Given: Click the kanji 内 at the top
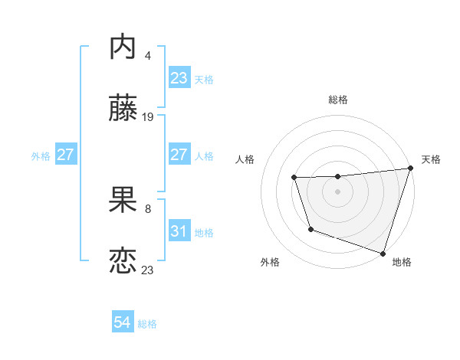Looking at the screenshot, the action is coord(123,48).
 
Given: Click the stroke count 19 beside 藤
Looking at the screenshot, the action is coord(148,117).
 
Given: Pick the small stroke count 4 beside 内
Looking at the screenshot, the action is coord(147,56).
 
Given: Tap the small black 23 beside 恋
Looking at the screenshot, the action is coord(147,270).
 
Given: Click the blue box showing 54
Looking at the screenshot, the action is coord(123,323).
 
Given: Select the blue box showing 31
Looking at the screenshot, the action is coord(179,231).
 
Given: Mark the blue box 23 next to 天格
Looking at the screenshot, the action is coord(179,78).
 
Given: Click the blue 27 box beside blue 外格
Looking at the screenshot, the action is coord(66,155).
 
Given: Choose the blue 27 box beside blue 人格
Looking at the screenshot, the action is coord(179,155).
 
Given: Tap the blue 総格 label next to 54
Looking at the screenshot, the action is coord(147,324).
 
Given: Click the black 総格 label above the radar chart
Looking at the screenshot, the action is coord(338,100).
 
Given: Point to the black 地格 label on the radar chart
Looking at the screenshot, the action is coord(402,262).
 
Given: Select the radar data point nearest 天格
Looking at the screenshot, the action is coord(410,169).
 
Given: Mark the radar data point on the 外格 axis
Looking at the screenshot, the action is coord(310,229).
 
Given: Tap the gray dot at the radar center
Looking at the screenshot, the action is coord(338,191).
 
